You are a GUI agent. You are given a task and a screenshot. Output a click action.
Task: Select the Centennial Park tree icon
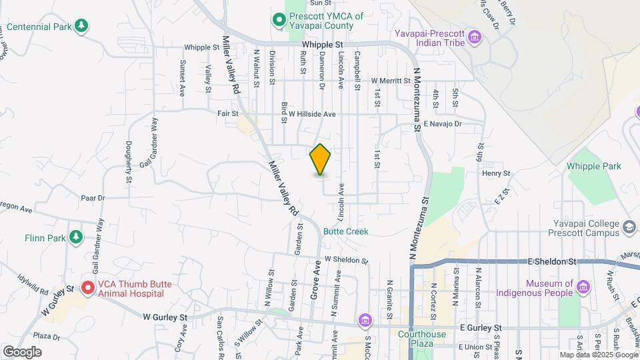coord(81,26)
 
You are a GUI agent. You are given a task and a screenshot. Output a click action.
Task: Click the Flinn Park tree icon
coord(77,237)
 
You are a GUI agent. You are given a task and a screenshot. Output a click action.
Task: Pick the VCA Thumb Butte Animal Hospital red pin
coord(87,289)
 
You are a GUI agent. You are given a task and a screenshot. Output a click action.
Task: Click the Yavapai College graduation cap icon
coord(629,229)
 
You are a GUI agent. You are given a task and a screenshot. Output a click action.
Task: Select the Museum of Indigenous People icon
coord(584,287)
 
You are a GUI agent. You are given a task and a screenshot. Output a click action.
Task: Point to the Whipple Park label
coord(593,166)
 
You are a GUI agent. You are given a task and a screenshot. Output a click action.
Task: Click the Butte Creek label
coord(345,231)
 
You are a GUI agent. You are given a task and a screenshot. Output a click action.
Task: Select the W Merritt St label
coord(391,81)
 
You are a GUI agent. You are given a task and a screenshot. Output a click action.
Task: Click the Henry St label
coord(497,173)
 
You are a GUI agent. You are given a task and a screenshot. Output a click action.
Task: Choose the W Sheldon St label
coord(347,260)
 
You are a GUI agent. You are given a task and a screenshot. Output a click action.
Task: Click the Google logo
coord(22,351)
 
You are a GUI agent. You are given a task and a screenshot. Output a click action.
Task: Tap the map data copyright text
coord(597,355)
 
